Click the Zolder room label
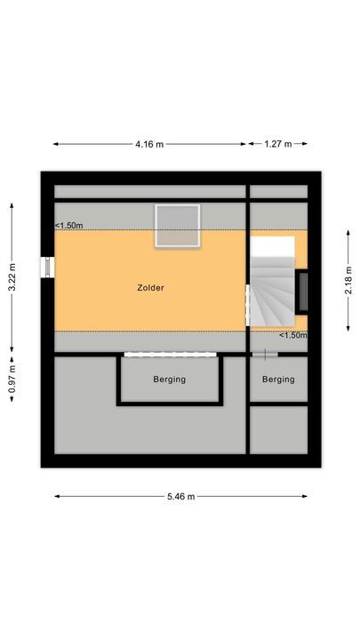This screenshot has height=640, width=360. (x=151, y=288)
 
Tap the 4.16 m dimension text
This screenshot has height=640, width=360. (x=149, y=143)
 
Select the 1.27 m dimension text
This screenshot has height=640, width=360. (x=278, y=143)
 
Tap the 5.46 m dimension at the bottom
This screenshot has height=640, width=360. (x=180, y=496)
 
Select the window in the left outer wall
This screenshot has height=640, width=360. (x=44, y=268)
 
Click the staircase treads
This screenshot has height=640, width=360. (x=271, y=289)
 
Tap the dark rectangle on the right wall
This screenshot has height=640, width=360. (x=303, y=291)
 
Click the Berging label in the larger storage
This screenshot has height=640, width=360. (x=169, y=380)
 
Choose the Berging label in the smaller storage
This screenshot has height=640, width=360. (x=277, y=380)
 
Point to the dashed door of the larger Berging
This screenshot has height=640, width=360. (x=170, y=355)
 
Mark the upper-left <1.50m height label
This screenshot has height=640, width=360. (x=68, y=226)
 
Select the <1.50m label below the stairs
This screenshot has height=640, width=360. (x=292, y=335)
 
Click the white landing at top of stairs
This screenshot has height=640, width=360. (x=272, y=246)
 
